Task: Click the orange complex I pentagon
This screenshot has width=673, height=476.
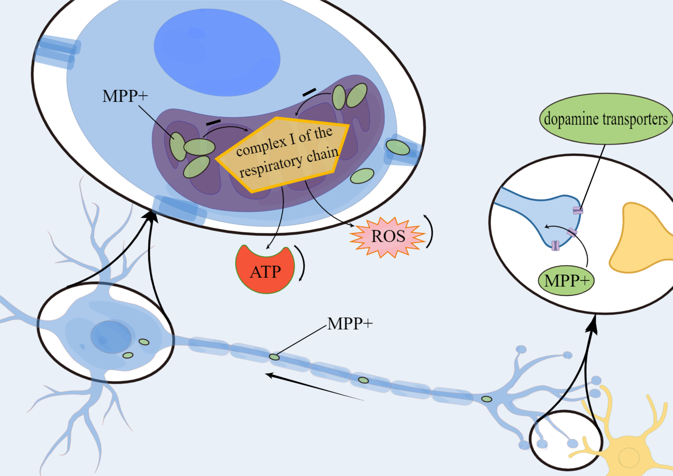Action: coord(281,155)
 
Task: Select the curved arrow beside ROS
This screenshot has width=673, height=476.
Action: coord(430,232)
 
